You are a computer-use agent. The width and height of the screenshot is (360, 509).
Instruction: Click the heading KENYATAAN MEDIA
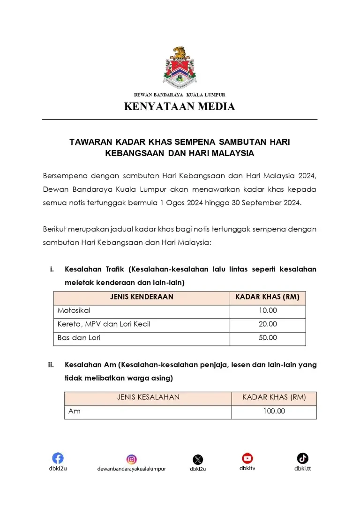tap(180, 106)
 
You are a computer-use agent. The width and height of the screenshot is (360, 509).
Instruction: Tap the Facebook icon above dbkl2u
tap(58, 458)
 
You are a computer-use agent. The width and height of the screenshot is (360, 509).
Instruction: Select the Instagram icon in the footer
tap(132, 459)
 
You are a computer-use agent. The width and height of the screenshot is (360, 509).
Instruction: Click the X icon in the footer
tap(198, 459)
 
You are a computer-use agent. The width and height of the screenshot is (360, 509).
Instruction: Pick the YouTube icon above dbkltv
tap(247, 458)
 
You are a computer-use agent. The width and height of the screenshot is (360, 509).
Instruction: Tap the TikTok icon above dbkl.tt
tap(302, 458)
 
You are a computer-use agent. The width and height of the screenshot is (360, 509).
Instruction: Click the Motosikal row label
tap(74, 310)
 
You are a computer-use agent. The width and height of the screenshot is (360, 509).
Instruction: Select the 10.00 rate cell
tap(268, 310)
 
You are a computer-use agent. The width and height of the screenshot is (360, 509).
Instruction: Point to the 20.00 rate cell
tap(268, 324)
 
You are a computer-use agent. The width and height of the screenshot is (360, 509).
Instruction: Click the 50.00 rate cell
tap(268, 337)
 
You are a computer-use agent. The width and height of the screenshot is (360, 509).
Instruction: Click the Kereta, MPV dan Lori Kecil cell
tap(104, 324)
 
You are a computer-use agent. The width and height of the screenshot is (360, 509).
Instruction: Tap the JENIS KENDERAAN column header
tap(142, 297)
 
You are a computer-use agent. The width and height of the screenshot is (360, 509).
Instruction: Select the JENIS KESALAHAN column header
tap(148, 397)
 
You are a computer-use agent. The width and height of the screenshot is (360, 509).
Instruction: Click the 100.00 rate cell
tap(274, 411)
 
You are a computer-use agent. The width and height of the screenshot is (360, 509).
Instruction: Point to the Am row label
tap(75, 411)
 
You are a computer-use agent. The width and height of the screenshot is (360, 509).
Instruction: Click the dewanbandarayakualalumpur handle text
tap(132, 469)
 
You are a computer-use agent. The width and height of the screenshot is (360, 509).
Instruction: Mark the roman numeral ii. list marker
tap(51, 364)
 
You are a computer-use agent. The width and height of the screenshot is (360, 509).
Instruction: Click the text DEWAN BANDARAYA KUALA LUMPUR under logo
tap(180, 95)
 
